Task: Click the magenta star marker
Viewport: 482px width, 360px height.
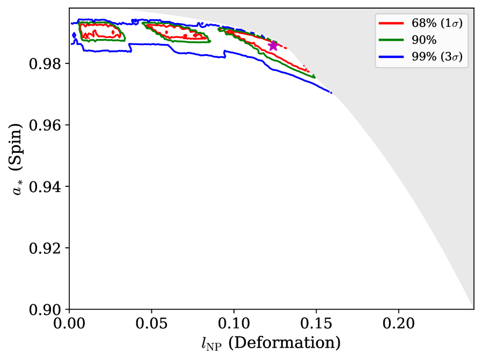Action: click(273, 46)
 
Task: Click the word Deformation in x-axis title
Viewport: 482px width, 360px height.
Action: click(284, 343)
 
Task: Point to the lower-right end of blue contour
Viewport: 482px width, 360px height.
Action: click(331, 93)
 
